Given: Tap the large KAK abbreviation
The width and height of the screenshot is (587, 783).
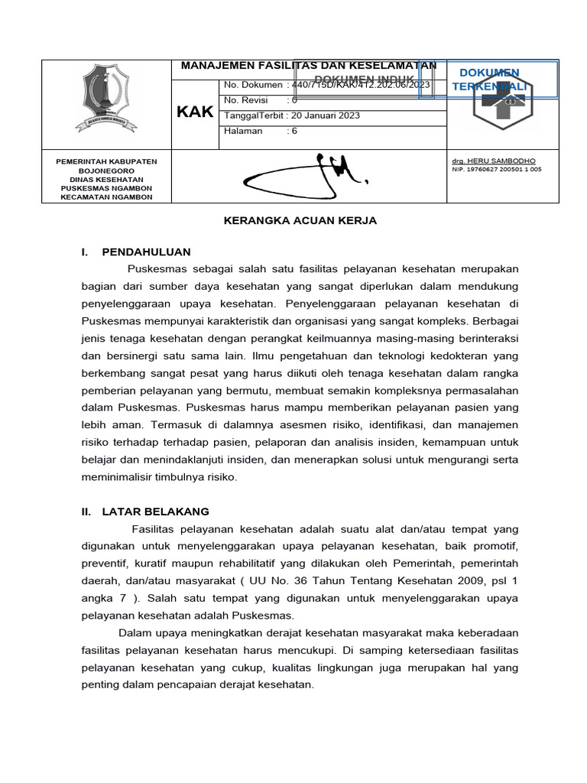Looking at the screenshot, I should coord(195,112).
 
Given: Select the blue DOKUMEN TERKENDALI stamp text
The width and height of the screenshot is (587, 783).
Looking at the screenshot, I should coord(489,80).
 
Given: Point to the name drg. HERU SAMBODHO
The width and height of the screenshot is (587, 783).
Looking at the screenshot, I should coord(495,161).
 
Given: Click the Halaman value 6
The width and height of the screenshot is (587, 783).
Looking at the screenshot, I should coord(294,131).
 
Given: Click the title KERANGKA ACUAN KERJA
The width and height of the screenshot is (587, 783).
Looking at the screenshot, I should coord(300,220).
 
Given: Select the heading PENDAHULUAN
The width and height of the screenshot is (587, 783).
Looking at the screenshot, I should coord(146,252).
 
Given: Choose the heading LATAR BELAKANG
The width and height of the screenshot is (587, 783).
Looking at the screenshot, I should coord(155,512).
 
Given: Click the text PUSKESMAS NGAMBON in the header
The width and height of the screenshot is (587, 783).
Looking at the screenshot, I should coord(106,188).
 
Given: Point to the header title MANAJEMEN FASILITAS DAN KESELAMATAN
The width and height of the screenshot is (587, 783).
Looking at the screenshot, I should coord(308,66).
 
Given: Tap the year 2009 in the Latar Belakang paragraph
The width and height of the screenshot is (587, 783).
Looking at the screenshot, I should coord(467,580).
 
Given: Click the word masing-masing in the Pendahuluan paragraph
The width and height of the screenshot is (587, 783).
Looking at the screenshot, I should coord(402,337).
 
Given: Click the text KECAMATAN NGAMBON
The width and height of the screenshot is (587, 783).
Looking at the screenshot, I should coord(106,197).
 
